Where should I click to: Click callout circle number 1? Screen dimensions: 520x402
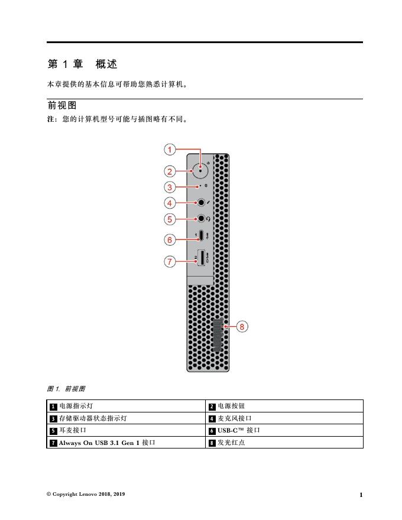tap(169, 149)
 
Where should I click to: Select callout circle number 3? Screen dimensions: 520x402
tap(169, 187)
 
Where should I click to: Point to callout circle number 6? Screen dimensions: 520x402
tap(169, 239)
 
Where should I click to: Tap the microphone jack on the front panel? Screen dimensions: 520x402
tap(201, 203)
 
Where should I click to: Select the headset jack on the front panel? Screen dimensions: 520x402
tap(201, 219)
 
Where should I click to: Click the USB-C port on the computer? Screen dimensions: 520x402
tap(202, 236)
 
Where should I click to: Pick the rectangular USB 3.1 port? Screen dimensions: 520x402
tap(202, 258)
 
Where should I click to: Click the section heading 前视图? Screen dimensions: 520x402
tap(62, 106)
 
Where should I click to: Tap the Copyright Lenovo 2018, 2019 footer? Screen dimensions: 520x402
tap(86, 494)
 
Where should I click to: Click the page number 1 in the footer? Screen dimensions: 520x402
tap(361, 495)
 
